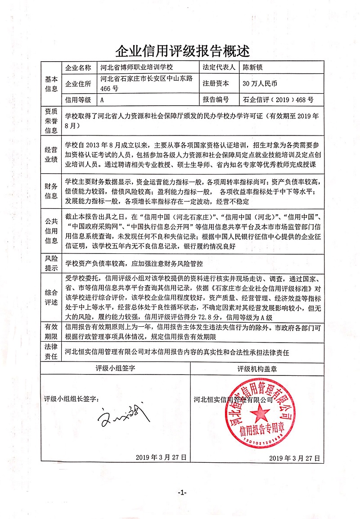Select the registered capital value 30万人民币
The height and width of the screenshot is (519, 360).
tap(260, 83)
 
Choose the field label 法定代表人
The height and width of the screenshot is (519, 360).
tap(219, 68)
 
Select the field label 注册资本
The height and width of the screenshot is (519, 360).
tap(216, 83)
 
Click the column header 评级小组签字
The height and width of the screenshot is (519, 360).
tap(115, 368)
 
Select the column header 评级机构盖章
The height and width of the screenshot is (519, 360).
tap(257, 368)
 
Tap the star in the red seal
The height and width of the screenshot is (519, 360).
tap(260, 411)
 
